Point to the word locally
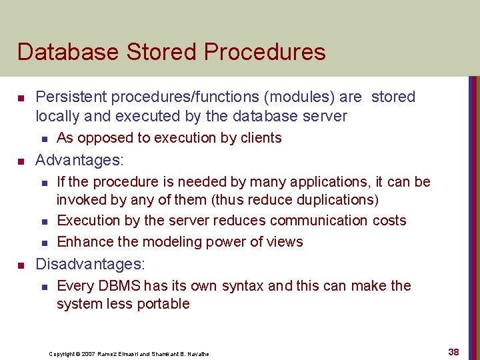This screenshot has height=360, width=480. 57,116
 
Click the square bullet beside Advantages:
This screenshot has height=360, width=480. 21,161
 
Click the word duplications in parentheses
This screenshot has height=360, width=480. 337,200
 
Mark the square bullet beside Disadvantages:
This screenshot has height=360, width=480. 21,265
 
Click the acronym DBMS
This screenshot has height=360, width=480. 120,286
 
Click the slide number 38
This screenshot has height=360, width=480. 453,351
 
